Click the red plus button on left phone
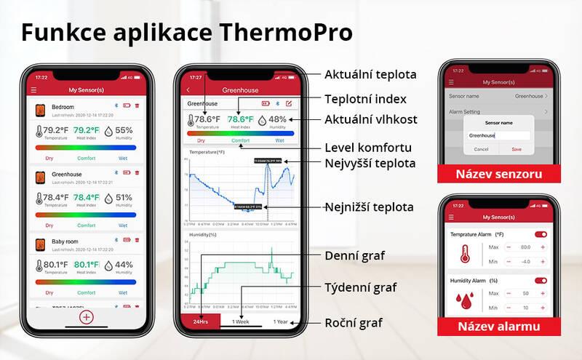click(86, 317)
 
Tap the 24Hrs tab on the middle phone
click(199, 321)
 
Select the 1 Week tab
click(241, 321)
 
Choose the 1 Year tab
click(280, 321)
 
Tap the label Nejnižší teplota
click(370, 207)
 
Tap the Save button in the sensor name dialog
click(517, 149)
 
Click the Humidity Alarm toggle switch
click(541, 280)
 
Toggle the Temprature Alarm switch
click(541, 234)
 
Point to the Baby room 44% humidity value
click(124, 265)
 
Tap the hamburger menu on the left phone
click(33, 90)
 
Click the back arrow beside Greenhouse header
click(189, 90)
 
